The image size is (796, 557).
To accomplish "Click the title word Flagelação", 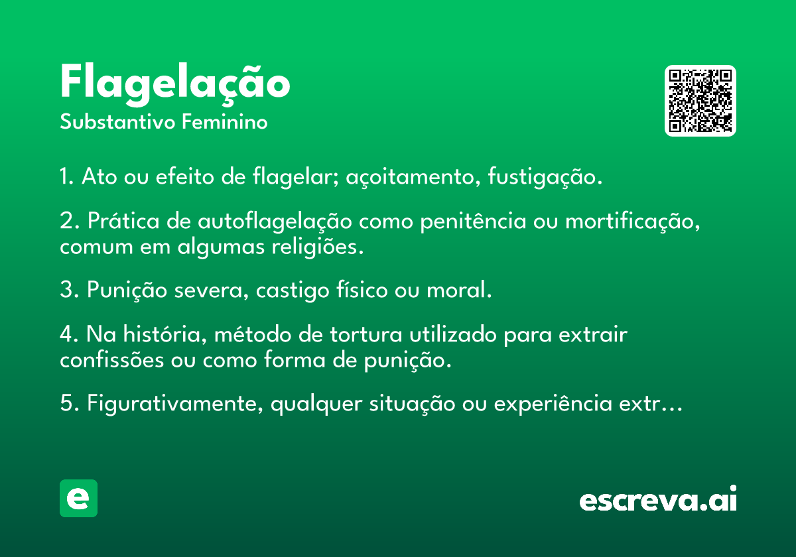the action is [175, 85].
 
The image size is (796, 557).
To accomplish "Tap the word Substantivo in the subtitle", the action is [117, 122].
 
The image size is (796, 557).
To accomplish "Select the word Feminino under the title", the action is [225, 121].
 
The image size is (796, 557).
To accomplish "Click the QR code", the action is [700, 101].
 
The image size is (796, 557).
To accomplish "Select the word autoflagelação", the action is [275, 221].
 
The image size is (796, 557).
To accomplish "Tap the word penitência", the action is [473, 222].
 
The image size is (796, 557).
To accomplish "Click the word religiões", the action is [318, 247].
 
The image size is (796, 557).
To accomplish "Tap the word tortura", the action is [366, 335].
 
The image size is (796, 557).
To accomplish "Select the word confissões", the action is [112, 360].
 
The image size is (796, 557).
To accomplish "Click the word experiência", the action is [553, 404].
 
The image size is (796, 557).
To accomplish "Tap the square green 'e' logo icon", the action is [78, 498].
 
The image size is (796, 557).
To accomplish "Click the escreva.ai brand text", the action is [658, 499].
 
